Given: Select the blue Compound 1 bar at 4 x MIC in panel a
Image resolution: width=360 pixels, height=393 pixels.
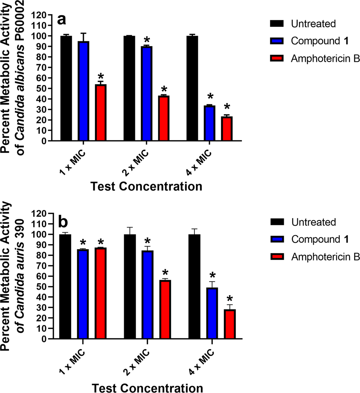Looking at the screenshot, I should pyautogui.click(x=210, y=123).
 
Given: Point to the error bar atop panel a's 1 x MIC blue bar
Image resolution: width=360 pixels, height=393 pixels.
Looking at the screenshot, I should pyautogui.click(x=83, y=37).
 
